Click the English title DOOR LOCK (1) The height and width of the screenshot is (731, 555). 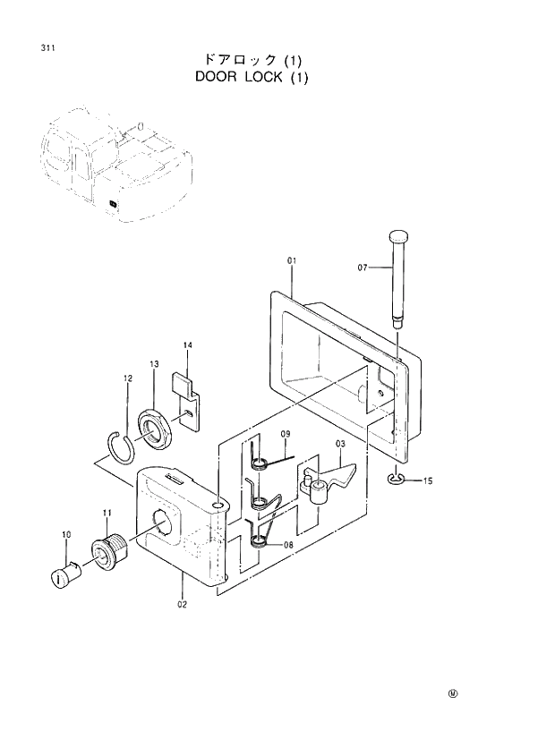(x=252, y=77)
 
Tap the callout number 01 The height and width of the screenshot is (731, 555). (x=291, y=260)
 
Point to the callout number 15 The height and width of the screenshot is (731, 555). (x=427, y=481)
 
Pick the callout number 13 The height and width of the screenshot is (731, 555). (x=154, y=364)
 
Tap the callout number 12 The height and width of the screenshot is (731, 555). (x=127, y=379)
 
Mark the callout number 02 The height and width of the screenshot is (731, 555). (x=182, y=603)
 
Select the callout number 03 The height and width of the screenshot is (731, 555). (x=340, y=444)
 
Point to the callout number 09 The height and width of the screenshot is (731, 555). (x=286, y=434)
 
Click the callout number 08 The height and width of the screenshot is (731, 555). (x=288, y=543)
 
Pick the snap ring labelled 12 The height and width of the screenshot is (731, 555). (x=117, y=446)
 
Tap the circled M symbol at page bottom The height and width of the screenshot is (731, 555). (x=452, y=693)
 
